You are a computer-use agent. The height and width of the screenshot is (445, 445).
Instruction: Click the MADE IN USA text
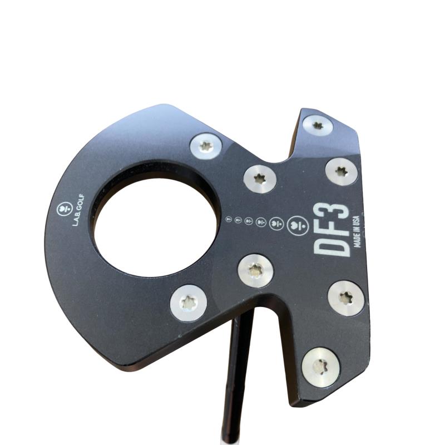(357, 231)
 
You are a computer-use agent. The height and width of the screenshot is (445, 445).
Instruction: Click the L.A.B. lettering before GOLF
(76, 217)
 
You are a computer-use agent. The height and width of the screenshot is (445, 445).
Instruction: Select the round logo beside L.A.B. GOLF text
(65, 209)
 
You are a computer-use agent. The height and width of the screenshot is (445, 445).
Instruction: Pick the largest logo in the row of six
(298, 226)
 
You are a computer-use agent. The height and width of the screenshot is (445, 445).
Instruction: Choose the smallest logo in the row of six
(229, 219)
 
